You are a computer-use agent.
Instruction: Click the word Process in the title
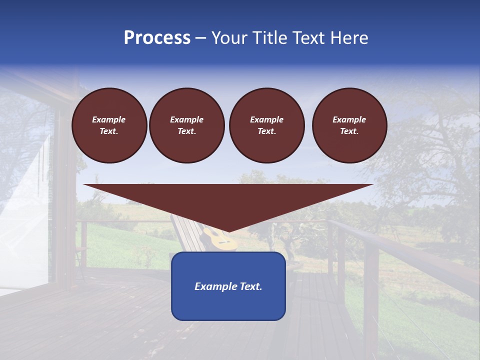[x=157, y=38]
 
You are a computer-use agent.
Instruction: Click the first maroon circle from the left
[x=109, y=125]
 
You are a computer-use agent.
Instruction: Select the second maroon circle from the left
[x=187, y=125]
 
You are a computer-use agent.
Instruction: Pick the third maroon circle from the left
[x=267, y=125]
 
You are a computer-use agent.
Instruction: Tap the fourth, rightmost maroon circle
[x=349, y=125]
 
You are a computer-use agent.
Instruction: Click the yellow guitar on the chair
[x=222, y=240]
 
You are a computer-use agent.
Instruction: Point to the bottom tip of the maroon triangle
[x=228, y=231]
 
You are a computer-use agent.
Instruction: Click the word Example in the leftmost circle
[x=109, y=119]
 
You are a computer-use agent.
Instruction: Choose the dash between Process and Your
[x=201, y=38]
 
